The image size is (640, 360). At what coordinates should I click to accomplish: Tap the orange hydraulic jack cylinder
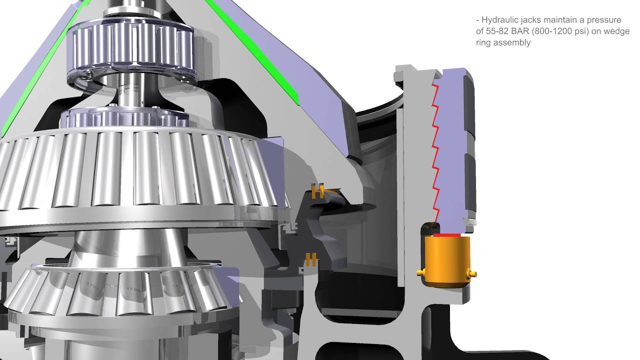(447, 261)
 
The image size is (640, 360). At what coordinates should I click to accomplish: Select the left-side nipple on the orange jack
(421, 273)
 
